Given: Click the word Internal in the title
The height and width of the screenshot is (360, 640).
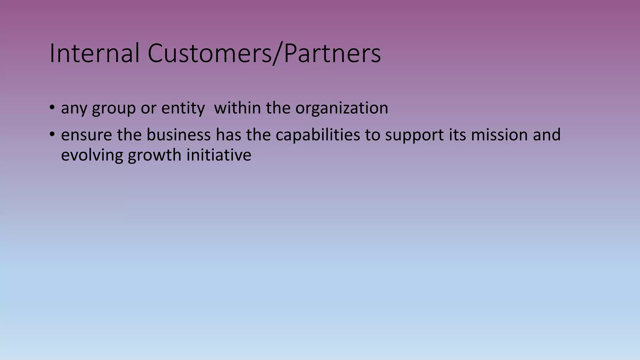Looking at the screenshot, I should point(94,53).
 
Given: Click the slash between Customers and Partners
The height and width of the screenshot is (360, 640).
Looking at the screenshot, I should point(278,54).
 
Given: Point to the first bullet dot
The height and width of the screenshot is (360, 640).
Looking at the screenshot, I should point(52,108).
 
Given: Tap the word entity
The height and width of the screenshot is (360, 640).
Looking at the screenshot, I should point(183,108).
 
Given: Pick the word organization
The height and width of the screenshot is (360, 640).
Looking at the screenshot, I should point(342,108).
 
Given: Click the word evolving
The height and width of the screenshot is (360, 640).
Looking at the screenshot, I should point(92,155).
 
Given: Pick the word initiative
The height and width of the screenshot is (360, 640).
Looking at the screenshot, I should point(219,155).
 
